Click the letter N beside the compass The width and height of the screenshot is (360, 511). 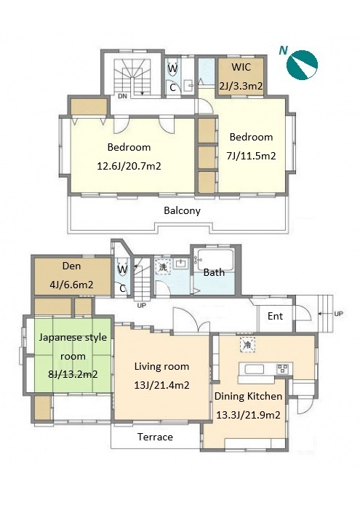click(x=284, y=50)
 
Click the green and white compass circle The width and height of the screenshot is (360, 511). click(x=302, y=65)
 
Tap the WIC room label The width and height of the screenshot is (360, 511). click(x=241, y=67)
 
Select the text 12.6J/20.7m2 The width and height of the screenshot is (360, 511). click(x=129, y=166)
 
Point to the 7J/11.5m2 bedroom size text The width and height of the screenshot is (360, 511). click(x=251, y=156)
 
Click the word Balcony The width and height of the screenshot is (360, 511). click(x=182, y=210)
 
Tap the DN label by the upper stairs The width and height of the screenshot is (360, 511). click(x=122, y=96)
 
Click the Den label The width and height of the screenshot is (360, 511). click(x=71, y=266)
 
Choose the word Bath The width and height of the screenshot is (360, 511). click(x=214, y=272)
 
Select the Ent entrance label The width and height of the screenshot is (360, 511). click(x=275, y=316)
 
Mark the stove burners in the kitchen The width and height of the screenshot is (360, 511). click(x=282, y=369)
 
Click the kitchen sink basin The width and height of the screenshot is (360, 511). click(x=255, y=369)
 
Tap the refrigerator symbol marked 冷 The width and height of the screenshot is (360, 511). click(x=247, y=345)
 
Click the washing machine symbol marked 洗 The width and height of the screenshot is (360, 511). click(x=163, y=267)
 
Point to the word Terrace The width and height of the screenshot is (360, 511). click(x=155, y=437)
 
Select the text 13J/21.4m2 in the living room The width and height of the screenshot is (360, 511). click(x=161, y=385)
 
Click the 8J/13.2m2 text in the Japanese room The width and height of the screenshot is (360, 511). click(x=73, y=374)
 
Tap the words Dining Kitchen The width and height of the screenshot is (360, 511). click(x=248, y=396)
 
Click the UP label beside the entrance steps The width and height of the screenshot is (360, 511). click(x=338, y=314)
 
